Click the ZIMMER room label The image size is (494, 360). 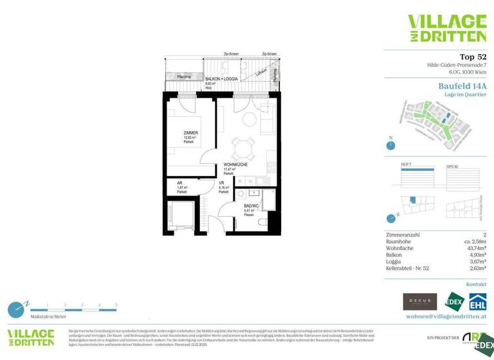[190, 132]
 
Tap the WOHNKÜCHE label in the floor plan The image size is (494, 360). [235, 165]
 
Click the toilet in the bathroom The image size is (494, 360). [262, 222]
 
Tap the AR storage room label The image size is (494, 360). [179, 183]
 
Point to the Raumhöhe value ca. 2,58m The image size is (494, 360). [473, 241]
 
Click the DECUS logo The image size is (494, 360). [419, 301]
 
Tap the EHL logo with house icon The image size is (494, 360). [477, 301]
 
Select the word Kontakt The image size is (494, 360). [476, 283]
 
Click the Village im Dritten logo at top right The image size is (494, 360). [447, 28]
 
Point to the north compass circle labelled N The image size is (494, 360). [390, 145]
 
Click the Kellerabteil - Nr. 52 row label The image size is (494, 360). [413, 268]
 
